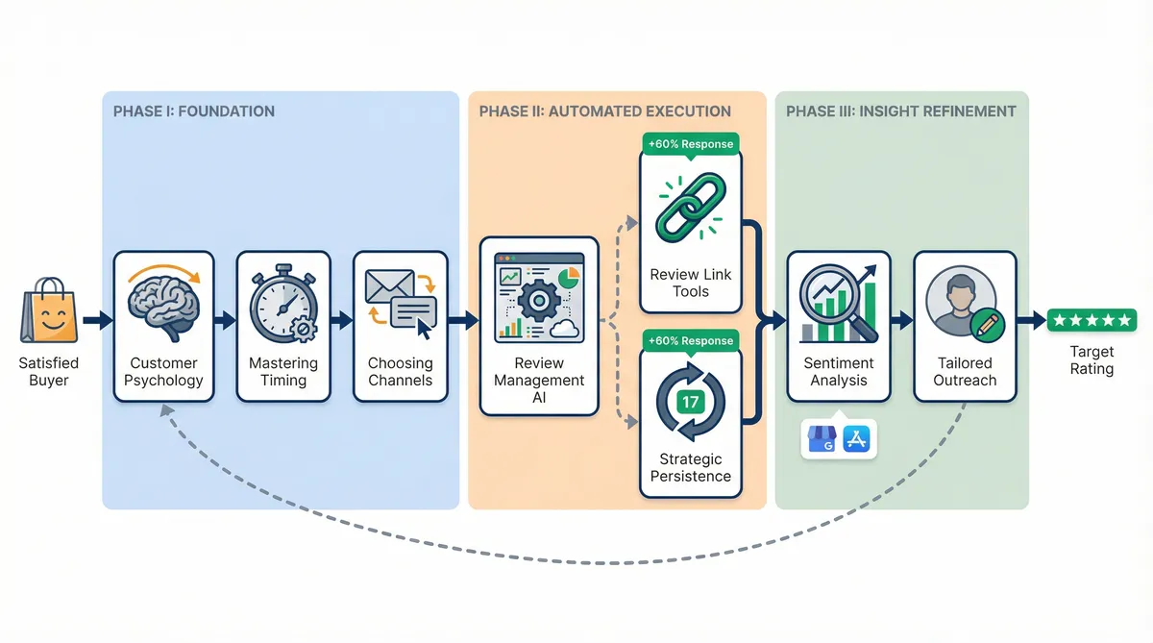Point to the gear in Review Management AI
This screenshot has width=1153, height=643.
(538, 301)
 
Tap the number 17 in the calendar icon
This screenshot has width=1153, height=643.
(691, 402)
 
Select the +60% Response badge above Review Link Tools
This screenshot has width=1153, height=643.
(691, 144)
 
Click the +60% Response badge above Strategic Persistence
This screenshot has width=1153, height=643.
(691, 340)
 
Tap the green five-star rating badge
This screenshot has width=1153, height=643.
(1092, 320)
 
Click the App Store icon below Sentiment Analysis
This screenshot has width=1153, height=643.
(856, 440)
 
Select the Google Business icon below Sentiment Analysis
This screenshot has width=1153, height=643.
(822, 440)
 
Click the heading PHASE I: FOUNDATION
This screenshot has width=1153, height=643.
(193, 111)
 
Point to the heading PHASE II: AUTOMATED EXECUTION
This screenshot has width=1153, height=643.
(604, 111)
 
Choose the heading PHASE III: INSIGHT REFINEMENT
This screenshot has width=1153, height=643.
(900, 111)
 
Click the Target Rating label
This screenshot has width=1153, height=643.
(1091, 360)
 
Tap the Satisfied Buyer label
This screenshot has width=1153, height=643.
(48, 372)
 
